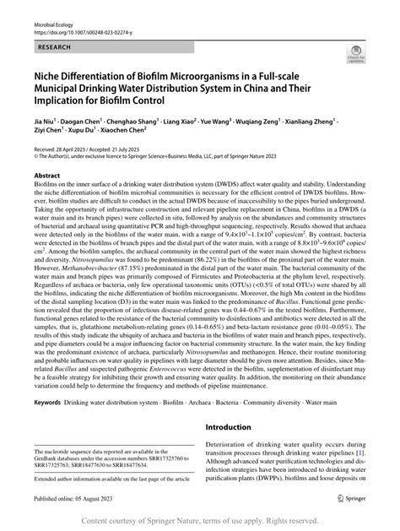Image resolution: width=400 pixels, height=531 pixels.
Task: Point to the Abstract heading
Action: pyautogui.click(x=47, y=176)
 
